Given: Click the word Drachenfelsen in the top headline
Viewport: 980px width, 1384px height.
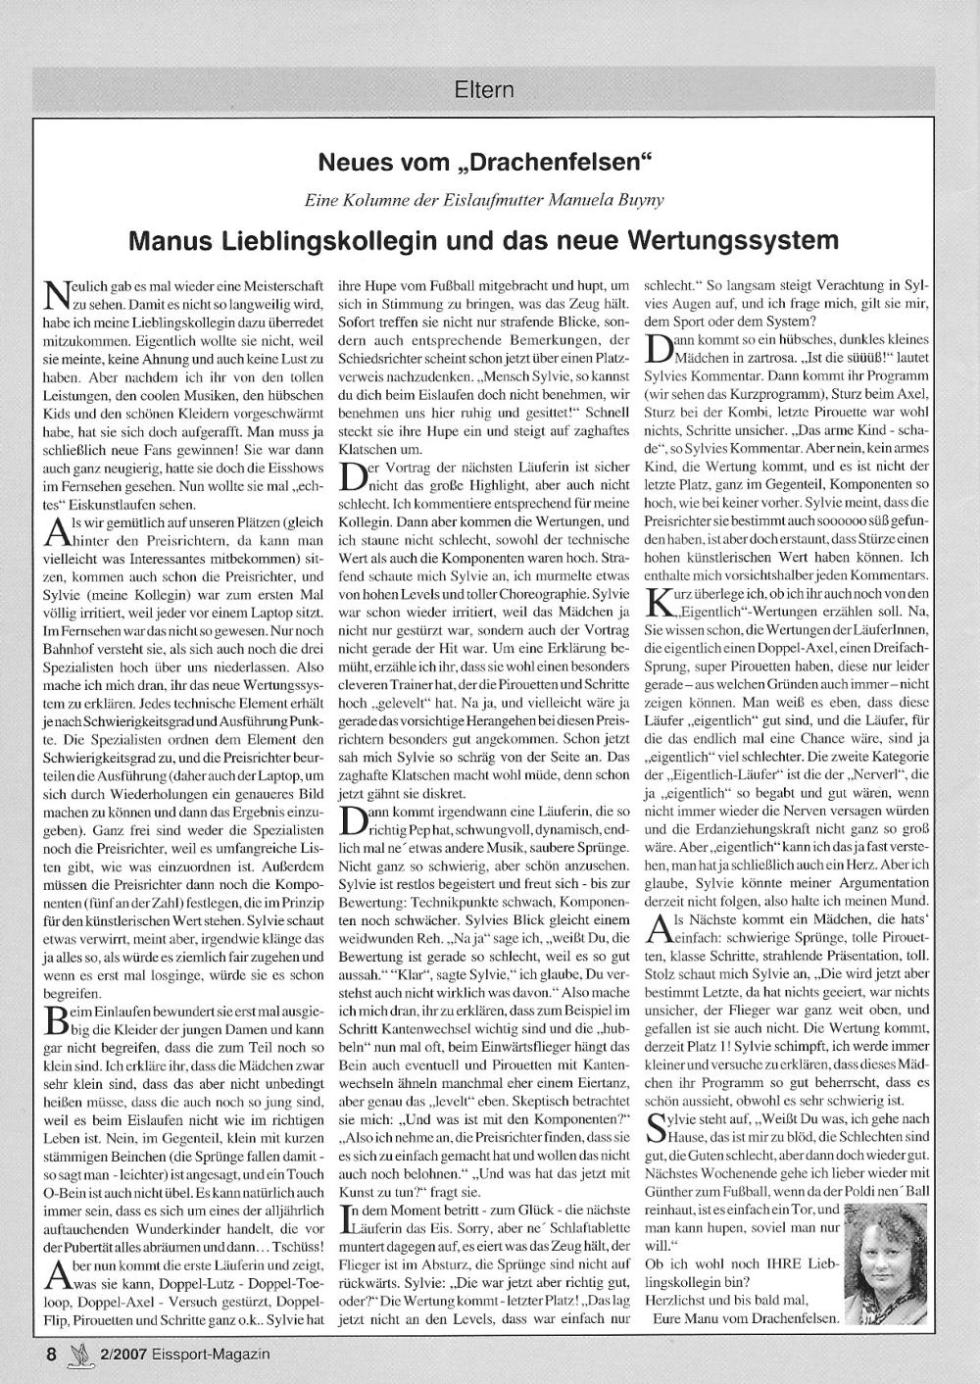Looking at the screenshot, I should coord(569,160).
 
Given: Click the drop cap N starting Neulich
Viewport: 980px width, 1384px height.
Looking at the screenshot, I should coord(58,293).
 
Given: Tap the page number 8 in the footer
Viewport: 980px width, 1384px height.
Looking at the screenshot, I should coord(51,1355).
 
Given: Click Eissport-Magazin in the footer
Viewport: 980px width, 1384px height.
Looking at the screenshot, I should coord(214,1355).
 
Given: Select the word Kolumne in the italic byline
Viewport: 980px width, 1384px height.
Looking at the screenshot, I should coord(369,200).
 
